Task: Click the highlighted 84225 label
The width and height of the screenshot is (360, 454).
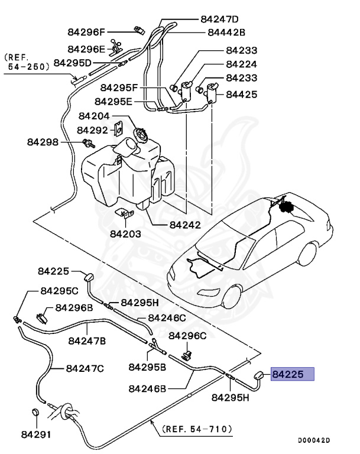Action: point(292,374)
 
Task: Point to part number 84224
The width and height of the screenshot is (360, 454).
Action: point(241,64)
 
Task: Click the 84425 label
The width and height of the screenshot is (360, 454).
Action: point(241,93)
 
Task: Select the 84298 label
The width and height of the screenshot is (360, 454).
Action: point(43,142)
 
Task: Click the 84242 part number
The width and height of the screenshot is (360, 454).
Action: point(184,225)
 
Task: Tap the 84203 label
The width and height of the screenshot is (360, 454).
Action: point(125,234)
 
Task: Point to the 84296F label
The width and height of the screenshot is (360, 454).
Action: point(86,33)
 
